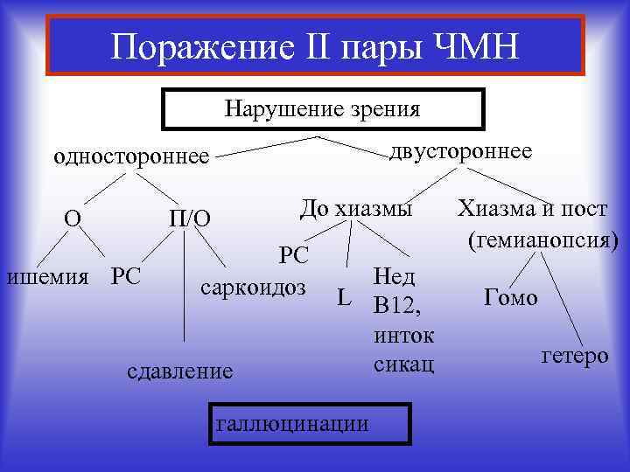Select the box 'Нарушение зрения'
coord(323,109)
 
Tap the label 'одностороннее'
coord(132,156)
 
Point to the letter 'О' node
coord(73,216)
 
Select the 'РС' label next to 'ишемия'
coord(126,276)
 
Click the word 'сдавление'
coord(180,371)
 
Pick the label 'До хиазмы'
coord(355,209)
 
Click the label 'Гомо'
coord(510,297)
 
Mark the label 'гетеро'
coord(575,356)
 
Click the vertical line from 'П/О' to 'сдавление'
coord(184,288)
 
